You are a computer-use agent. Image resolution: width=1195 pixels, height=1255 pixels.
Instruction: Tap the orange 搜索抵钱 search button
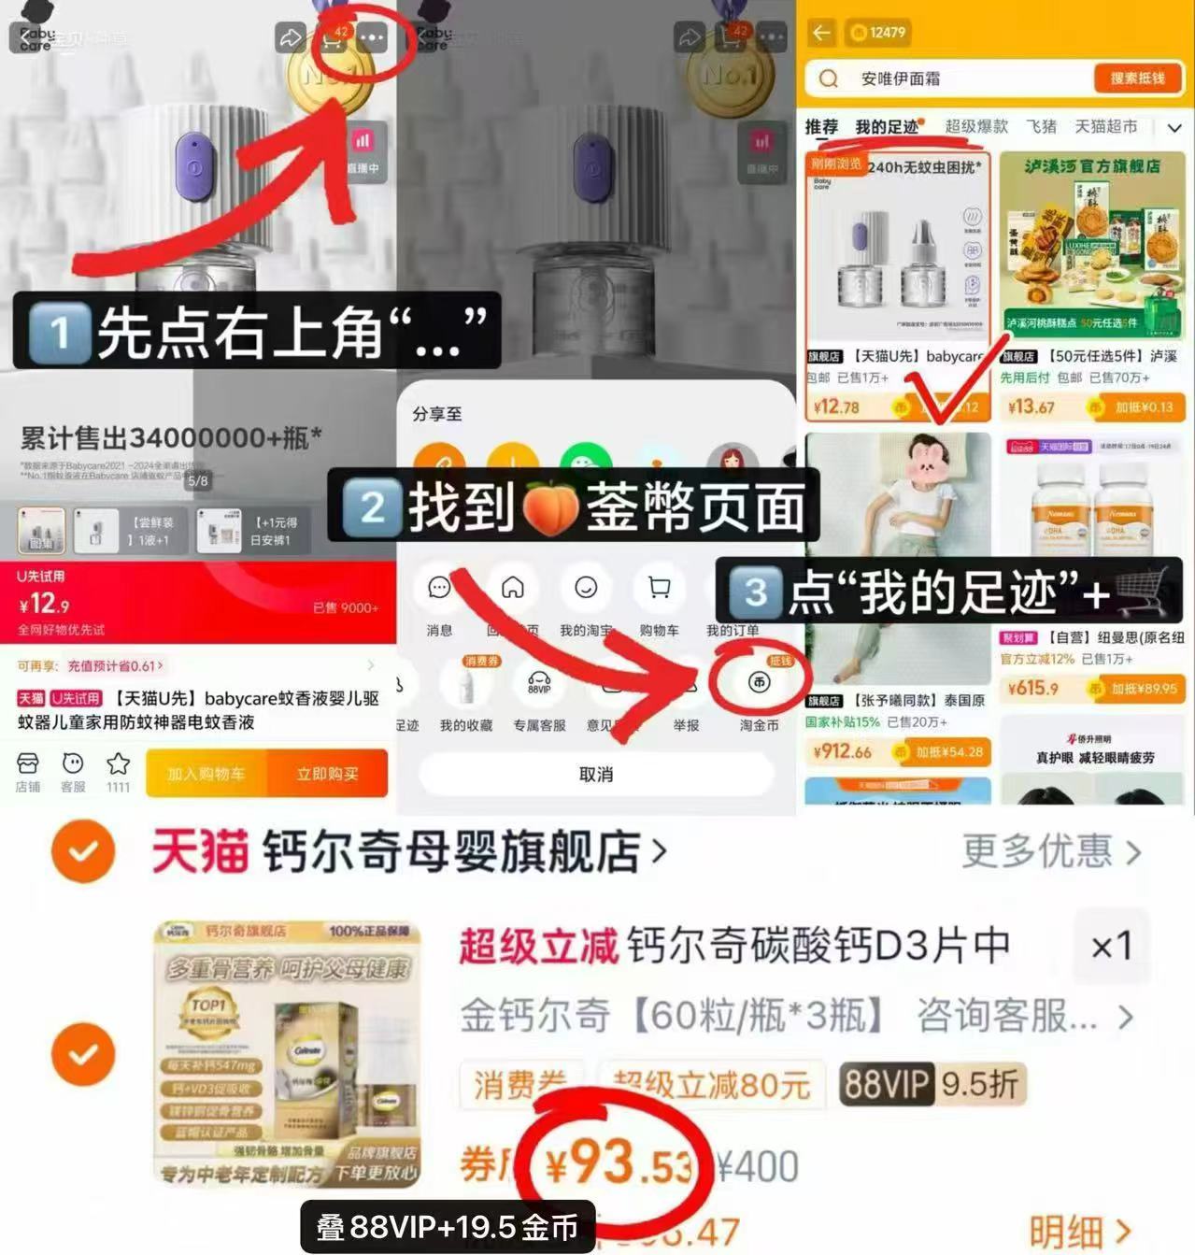pyautogui.click(x=1136, y=78)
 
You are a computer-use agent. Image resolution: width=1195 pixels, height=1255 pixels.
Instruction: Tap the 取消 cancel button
pyautogui.click(x=595, y=774)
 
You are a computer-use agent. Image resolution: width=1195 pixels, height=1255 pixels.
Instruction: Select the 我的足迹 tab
pyautogui.click(x=886, y=127)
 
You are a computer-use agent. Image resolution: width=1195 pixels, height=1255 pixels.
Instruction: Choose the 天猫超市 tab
pyautogui.click(x=1105, y=126)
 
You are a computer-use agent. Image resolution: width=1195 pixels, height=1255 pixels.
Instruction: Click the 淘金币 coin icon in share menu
pyautogui.click(x=759, y=683)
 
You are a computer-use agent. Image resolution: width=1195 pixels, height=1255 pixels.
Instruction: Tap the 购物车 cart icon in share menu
pyautogui.click(x=659, y=588)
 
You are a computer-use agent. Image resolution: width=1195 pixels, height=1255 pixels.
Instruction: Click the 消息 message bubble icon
pyautogui.click(x=439, y=588)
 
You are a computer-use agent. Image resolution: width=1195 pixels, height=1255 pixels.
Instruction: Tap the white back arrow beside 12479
pyautogui.click(x=821, y=33)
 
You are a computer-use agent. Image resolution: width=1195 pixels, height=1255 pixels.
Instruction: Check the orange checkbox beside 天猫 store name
pyautogui.click(x=83, y=851)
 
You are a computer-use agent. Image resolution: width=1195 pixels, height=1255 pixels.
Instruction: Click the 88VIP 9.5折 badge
pyautogui.click(x=931, y=1084)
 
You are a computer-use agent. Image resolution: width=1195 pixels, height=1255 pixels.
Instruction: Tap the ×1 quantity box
pyautogui.click(x=1111, y=947)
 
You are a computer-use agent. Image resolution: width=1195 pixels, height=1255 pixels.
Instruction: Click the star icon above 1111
pyautogui.click(x=118, y=763)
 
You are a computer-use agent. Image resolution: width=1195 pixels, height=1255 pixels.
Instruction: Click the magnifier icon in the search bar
pyautogui.click(x=828, y=78)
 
